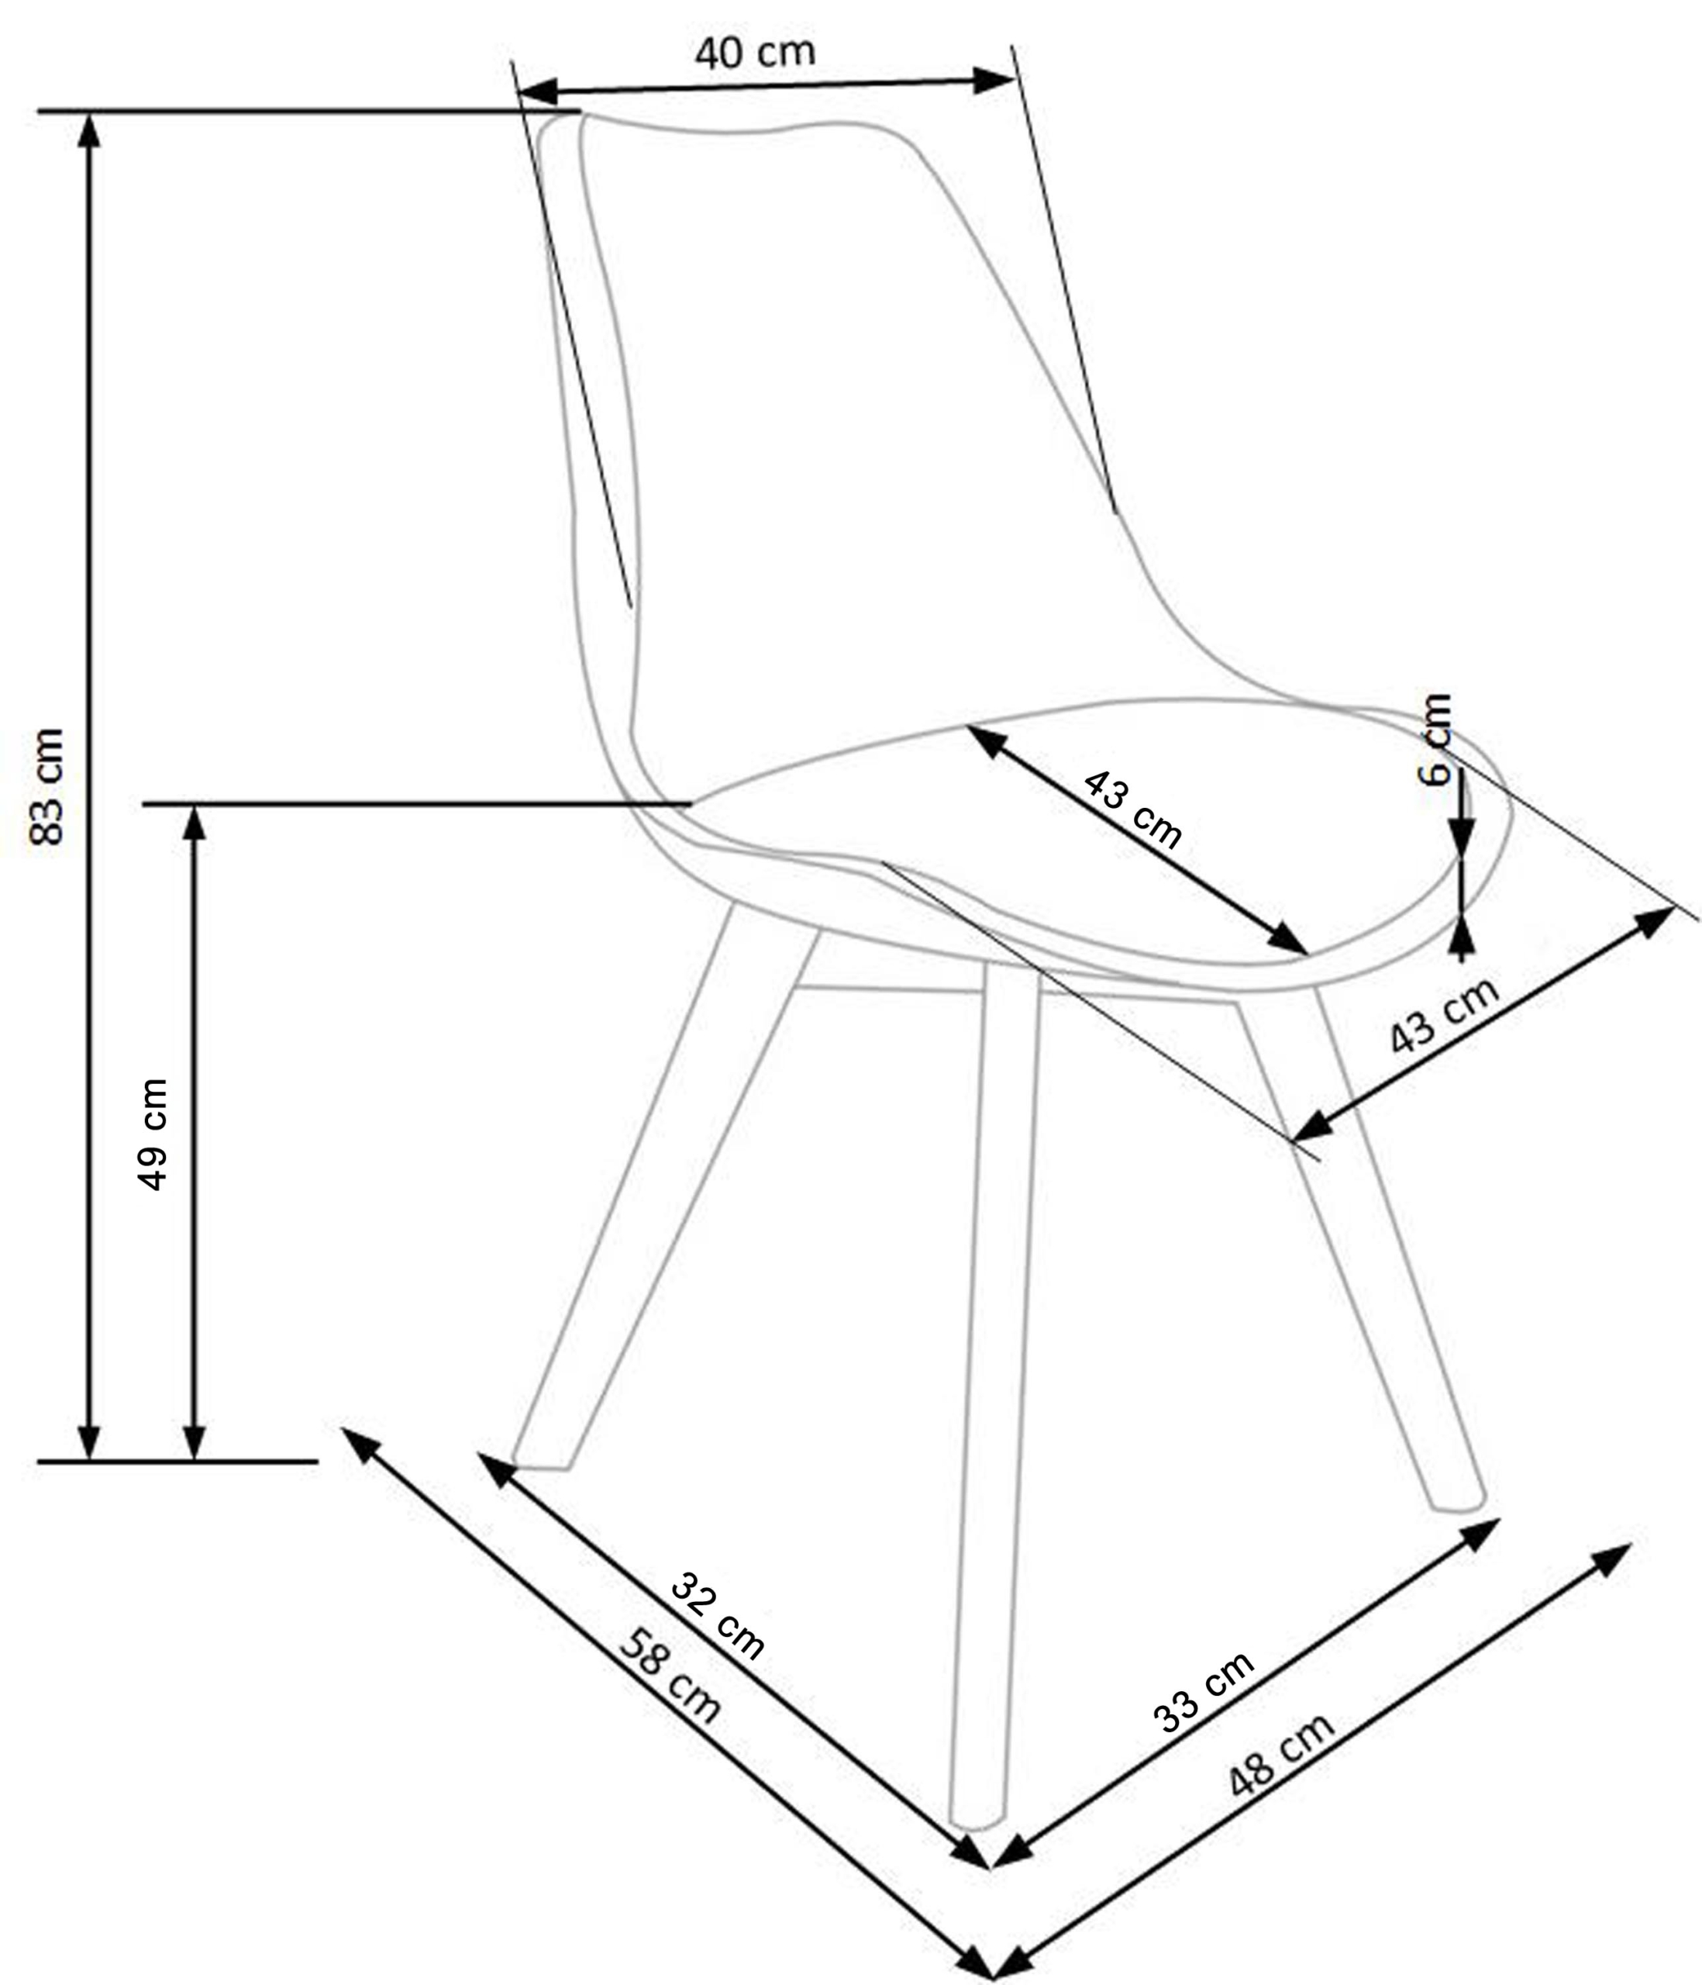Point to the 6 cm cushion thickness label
click(x=1435, y=739)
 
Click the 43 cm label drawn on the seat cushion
click(x=1133, y=810)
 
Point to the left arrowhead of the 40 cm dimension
click(x=536, y=92)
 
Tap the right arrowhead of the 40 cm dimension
click(x=994, y=81)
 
